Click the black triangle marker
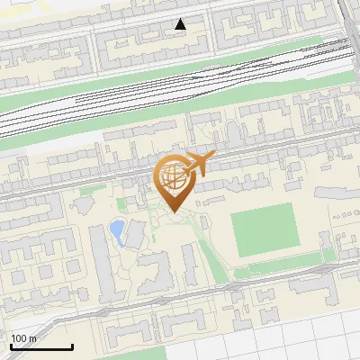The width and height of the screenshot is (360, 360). coord(181,24)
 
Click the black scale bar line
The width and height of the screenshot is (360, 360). coord(40,346)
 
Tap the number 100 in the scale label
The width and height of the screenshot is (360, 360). coord(19,338)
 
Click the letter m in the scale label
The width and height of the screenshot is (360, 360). coord(32,338)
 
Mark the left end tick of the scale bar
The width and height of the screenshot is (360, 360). coord(10,345)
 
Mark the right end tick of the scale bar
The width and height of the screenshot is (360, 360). coord(72,345)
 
